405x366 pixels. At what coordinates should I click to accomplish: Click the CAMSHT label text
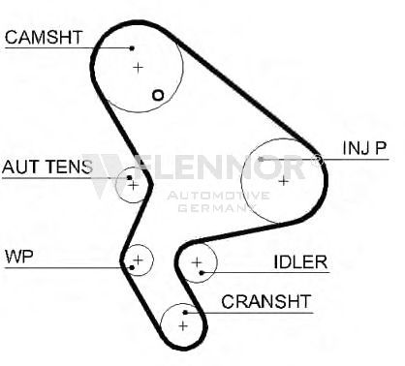coord(44,37)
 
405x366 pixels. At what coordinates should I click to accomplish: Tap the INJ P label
coord(364,148)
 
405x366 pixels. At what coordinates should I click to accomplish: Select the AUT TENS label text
coord(47,167)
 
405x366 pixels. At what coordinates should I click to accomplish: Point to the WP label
coord(19,257)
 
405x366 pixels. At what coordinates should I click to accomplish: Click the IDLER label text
coord(300,262)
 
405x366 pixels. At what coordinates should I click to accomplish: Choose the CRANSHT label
coord(266,302)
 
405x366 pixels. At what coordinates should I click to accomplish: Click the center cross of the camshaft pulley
coord(139,68)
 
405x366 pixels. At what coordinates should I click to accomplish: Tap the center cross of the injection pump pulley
coord(283,181)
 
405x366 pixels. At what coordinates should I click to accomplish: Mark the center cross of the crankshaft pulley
coord(183,326)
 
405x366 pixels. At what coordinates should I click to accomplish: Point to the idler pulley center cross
coord(197,262)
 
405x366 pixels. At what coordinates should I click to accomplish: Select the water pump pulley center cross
coord(139,259)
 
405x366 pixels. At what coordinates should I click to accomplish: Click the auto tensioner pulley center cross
coord(133,185)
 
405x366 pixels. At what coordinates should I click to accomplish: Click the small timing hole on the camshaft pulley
coord(158,95)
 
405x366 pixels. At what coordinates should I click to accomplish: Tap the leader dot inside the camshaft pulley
coord(132,48)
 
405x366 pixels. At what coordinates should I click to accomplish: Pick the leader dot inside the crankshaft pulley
coord(185,313)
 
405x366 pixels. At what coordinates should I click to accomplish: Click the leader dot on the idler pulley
coord(202,273)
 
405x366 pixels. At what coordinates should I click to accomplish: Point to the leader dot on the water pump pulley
coord(132,267)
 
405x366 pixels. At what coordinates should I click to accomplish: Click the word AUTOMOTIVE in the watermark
coord(218,196)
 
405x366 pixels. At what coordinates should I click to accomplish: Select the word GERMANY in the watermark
coord(217,207)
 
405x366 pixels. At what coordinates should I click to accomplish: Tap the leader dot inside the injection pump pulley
coord(261,159)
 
